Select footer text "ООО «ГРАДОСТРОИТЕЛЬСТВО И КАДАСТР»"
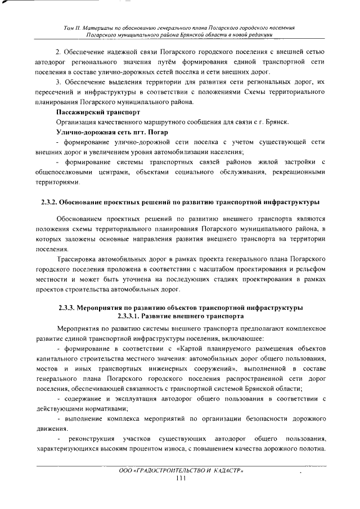tap(181, 470)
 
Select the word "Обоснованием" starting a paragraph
tap(81, 218)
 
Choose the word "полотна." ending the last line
tap(312, 449)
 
